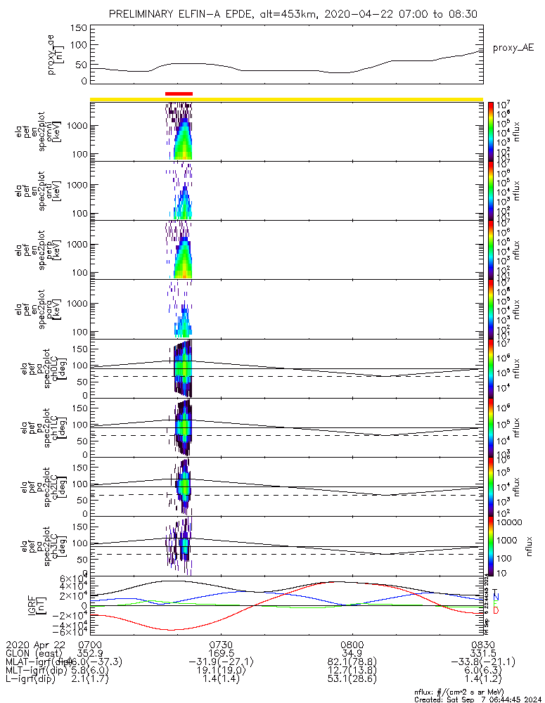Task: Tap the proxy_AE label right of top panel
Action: pyautogui.click(x=513, y=48)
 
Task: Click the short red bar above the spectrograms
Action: pyautogui.click(x=179, y=93)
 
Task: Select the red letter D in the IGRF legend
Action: pyautogui.click(x=495, y=610)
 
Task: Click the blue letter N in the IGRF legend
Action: pyautogui.click(x=495, y=597)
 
